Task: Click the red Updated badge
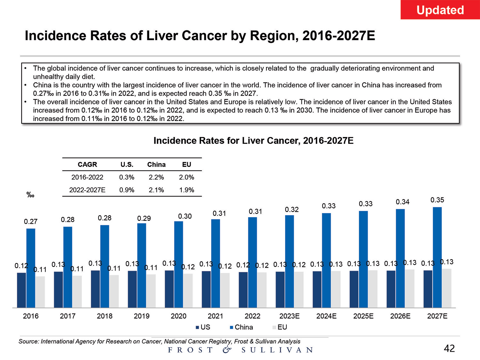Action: (x=440, y=10)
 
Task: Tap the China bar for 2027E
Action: (x=437, y=257)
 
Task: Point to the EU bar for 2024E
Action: (x=336, y=289)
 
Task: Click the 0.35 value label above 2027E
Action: (x=437, y=200)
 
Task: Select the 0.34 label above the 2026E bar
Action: (x=403, y=202)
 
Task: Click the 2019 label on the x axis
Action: (x=141, y=316)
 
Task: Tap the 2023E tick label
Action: (x=289, y=316)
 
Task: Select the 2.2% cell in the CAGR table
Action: (x=156, y=177)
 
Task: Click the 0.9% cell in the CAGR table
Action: (x=127, y=190)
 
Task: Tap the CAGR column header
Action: (x=87, y=164)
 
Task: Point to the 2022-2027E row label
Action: (x=87, y=190)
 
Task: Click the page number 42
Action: (x=449, y=348)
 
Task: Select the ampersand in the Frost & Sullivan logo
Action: (x=227, y=349)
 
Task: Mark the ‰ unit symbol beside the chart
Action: (x=30, y=195)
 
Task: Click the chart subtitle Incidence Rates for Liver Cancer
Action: (x=253, y=141)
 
